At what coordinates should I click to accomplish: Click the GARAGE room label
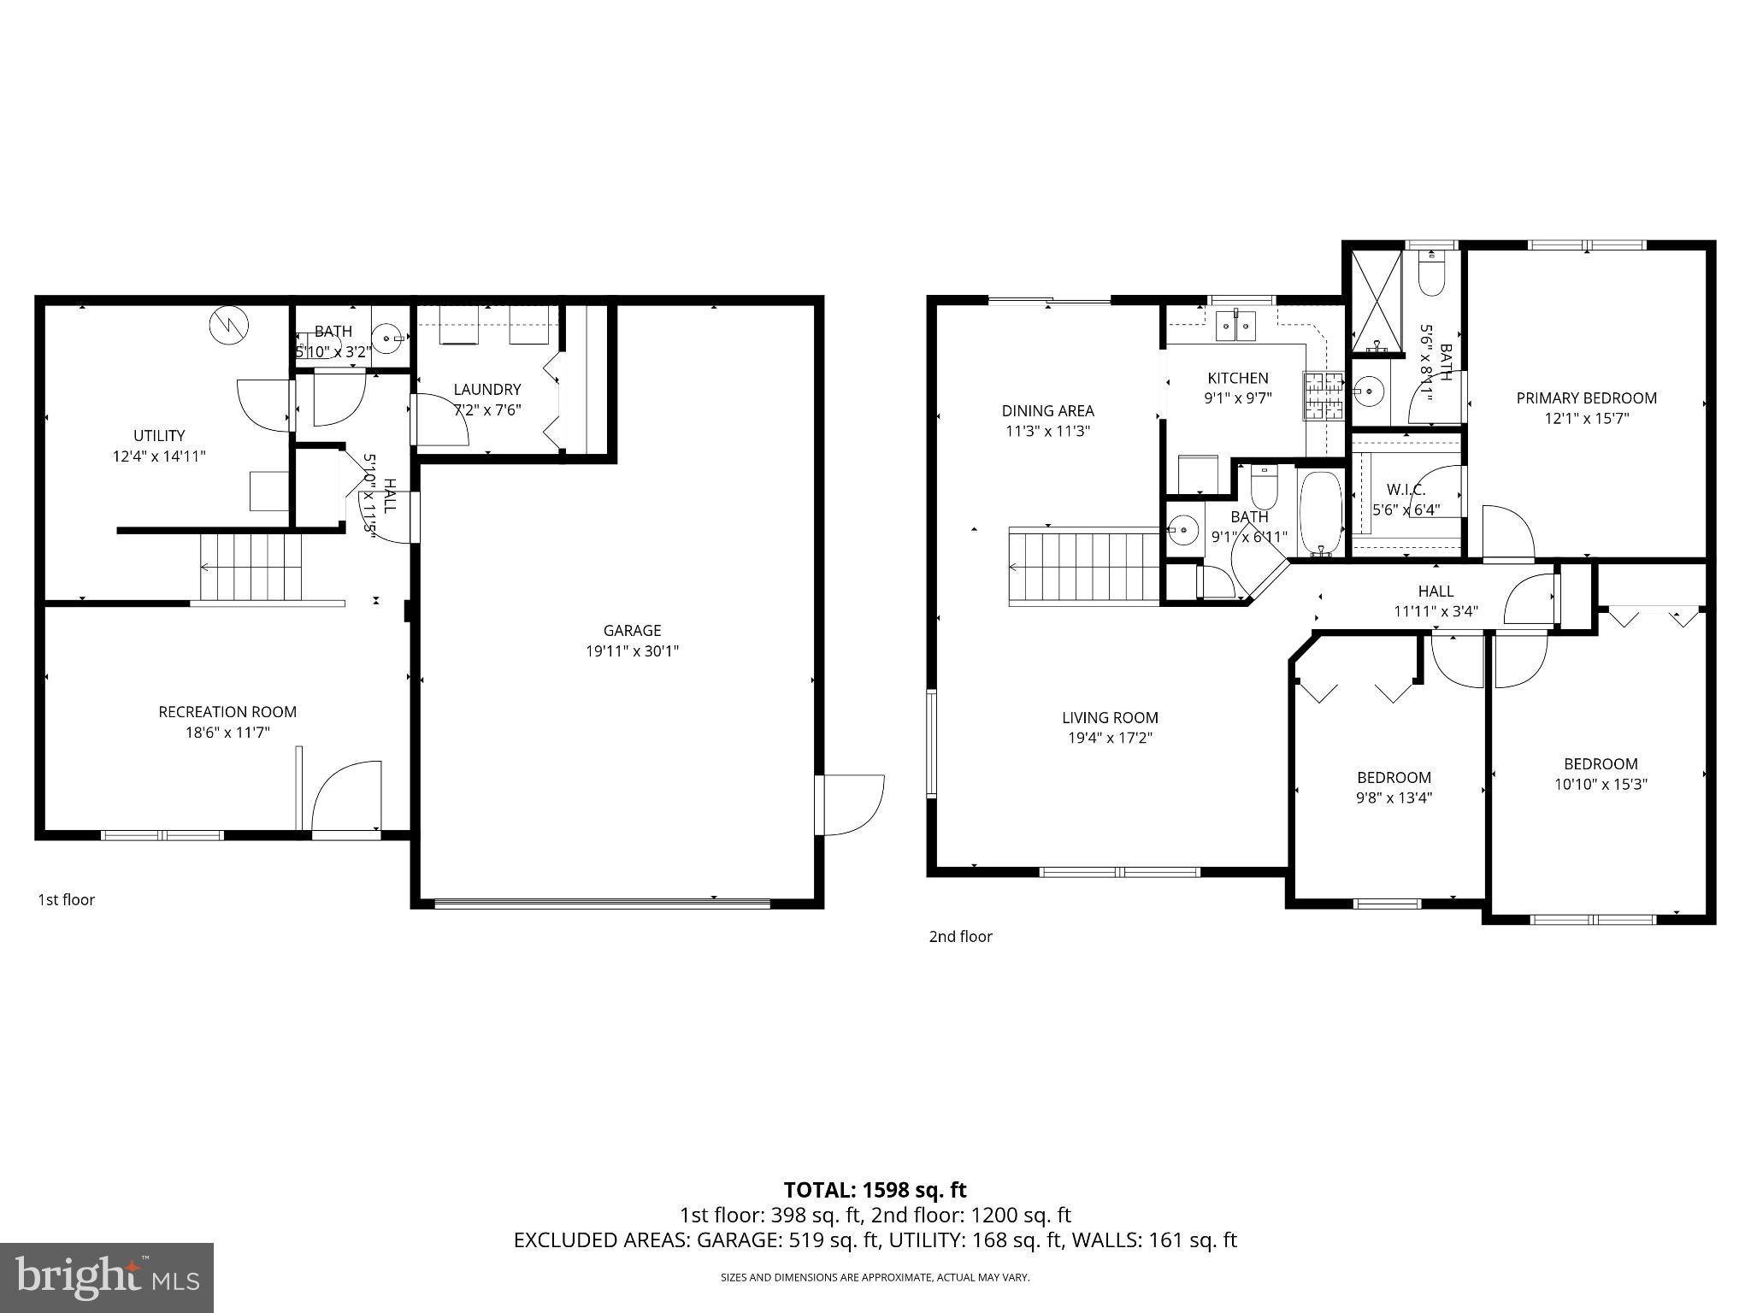(x=632, y=630)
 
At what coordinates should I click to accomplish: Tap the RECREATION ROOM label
(x=227, y=711)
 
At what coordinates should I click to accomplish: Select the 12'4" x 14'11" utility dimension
(x=159, y=456)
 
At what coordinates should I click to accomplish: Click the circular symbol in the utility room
(x=229, y=324)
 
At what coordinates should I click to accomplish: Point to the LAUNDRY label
(x=486, y=389)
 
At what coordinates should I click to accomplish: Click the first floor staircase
(x=252, y=567)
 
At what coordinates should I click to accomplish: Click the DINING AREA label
(x=1047, y=410)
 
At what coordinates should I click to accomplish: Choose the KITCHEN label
(x=1237, y=378)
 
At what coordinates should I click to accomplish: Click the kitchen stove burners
(x=1324, y=396)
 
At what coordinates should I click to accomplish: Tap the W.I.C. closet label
(x=1406, y=490)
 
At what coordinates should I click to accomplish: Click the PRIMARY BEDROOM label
(x=1586, y=397)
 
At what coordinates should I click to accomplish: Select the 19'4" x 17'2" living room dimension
(x=1110, y=738)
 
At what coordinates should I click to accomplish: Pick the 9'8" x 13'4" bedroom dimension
(x=1394, y=798)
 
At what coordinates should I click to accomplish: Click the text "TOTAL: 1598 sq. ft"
(x=875, y=1189)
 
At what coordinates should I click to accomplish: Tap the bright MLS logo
(x=107, y=1278)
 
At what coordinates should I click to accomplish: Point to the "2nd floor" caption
(x=960, y=936)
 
